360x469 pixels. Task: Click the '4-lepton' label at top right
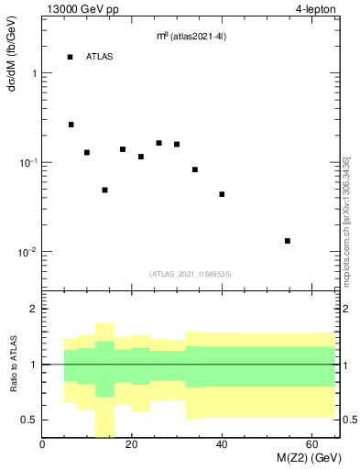pos(317,9)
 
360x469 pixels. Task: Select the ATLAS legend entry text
pos(100,57)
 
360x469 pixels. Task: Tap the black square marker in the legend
pos(70,57)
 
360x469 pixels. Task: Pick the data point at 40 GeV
pos(222,194)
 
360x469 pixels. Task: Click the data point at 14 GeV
pos(104,191)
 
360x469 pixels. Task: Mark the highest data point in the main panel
pos(71,125)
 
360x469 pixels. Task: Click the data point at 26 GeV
pos(158,143)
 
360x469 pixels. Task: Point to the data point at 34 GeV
pos(195,169)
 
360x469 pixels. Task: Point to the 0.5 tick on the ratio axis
pos(29,420)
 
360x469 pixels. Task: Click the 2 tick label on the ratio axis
pos(33,310)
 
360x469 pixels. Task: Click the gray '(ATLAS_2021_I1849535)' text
pos(190,273)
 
